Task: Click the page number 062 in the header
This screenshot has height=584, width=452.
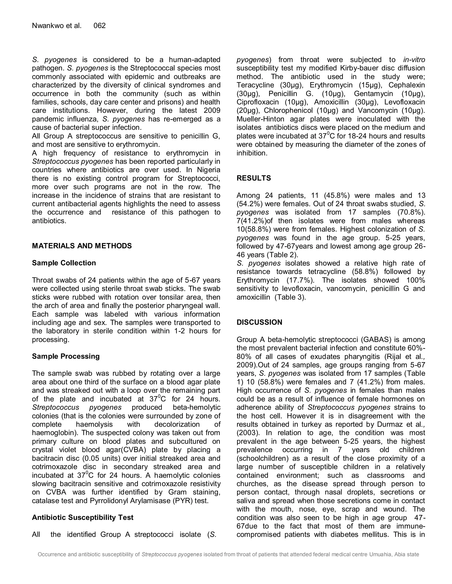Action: pyautogui.click(x=99, y=26)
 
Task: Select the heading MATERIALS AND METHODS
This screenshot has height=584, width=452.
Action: pyautogui.click(x=82, y=246)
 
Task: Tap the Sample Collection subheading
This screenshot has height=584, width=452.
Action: pyautogui.click(x=64, y=263)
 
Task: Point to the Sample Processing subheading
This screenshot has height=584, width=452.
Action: pyautogui.click(x=66, y=356)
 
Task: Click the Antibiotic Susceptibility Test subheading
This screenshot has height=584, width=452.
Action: pyautogui.click(x=83, y=518)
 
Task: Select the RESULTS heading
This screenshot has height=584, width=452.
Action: pyautogui.click(x=253, y=178)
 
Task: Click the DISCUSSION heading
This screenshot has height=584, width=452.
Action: pyautogui.click(x=259, y=322)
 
